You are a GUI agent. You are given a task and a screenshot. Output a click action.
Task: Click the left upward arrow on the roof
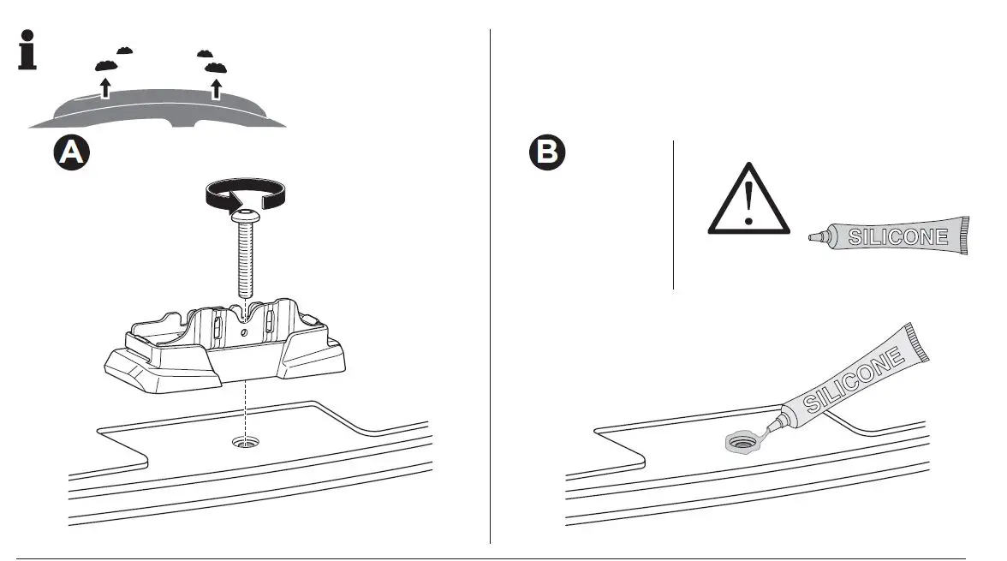105,87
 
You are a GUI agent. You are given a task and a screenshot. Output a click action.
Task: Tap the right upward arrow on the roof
216,87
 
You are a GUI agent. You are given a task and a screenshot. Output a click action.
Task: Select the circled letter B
546,153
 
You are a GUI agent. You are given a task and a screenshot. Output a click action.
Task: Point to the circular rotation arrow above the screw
245,194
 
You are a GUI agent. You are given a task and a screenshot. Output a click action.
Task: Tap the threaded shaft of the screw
245,261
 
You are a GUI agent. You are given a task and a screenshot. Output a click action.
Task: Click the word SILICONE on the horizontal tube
897,236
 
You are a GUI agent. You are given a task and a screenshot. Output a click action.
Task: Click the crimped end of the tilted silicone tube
918,342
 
